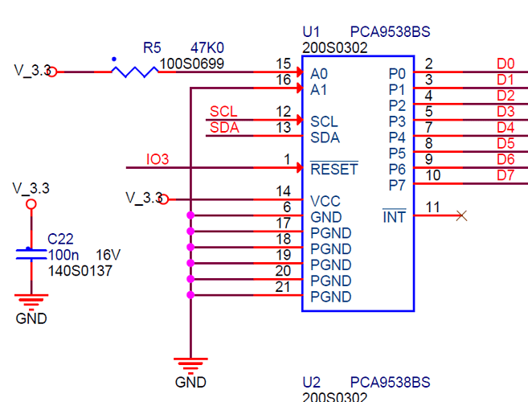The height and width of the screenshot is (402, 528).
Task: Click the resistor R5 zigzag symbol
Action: click(134, 72)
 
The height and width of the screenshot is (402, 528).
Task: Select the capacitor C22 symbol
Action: click(31, 253)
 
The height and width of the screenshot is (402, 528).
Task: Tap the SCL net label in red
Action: click(223, 111)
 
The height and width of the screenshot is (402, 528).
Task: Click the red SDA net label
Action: click(224, 127)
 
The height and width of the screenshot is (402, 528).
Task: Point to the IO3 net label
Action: click(158, 159)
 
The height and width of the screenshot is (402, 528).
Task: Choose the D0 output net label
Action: click(505, 64)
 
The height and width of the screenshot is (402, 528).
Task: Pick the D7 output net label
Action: click(505, 175)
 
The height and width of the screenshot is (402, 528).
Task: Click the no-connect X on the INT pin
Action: click(461, 215)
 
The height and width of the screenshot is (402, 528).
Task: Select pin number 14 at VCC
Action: click(282, 191)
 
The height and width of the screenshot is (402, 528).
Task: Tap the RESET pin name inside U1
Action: click(334, 170)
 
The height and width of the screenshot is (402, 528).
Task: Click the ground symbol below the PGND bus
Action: click(190, 364)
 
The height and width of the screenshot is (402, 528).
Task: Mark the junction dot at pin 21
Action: click(190, 296)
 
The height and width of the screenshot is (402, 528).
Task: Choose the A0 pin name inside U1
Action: click(319, 73)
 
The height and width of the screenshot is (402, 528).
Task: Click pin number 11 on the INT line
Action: click(433, 207)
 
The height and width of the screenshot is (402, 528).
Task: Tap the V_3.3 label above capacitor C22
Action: click(31, 188)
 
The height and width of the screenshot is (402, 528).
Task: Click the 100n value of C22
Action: click(63, 255)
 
